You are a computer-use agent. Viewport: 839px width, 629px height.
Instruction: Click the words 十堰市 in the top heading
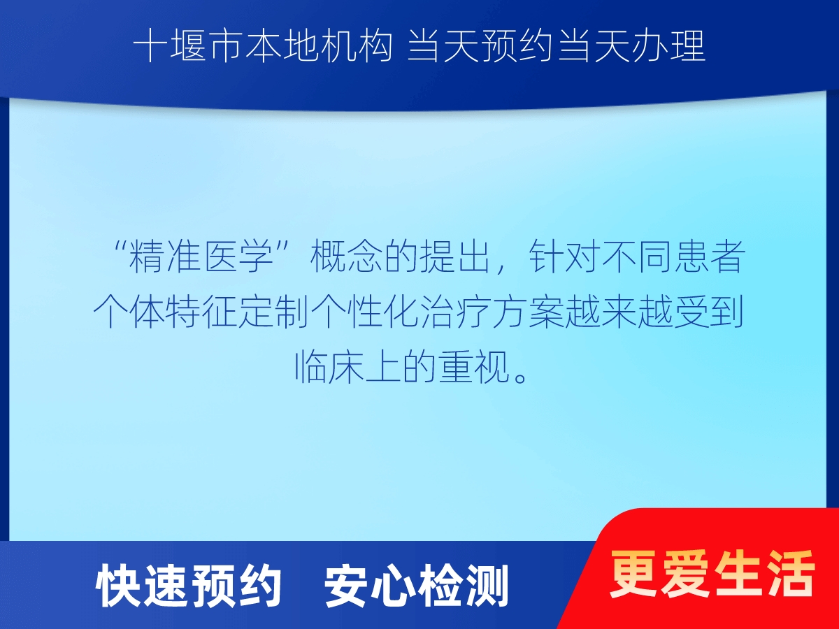point(187,47)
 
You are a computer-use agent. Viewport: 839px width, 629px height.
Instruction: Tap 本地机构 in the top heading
point(319,47)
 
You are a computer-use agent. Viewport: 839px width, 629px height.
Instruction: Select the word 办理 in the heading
point(669,47)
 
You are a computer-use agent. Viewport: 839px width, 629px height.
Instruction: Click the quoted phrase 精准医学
point(201,256)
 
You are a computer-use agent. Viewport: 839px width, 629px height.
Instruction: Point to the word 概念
point(345,256)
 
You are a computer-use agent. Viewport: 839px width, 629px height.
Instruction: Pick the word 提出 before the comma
point(455,256)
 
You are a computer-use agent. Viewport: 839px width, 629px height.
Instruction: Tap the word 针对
point(564,256)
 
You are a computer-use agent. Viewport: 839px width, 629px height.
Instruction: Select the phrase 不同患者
point(673,256)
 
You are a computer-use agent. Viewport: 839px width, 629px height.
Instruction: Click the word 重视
point(474,367)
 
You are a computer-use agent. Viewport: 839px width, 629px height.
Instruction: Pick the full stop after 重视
point(521,377)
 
